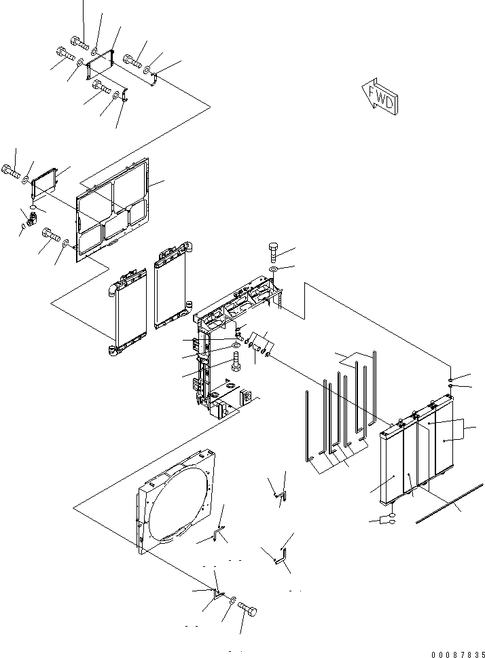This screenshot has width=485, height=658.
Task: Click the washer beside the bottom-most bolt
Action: click(233, 600)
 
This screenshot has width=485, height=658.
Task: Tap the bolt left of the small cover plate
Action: click(12, 171)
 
